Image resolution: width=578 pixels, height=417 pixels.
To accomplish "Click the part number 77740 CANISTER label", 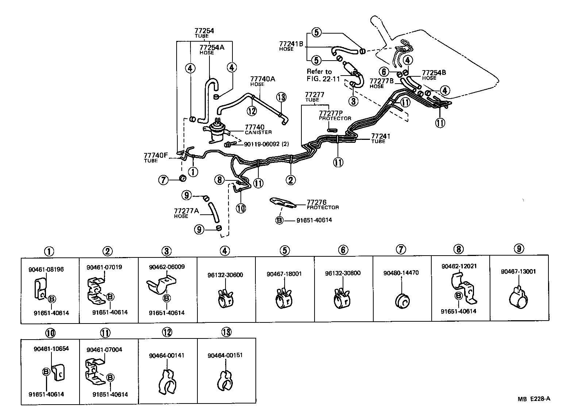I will (258, 129).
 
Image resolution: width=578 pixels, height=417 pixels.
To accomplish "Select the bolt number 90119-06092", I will (262, 144).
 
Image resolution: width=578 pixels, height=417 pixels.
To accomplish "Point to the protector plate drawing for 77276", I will (283, 203).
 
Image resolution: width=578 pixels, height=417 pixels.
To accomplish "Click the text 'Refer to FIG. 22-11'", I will (323, 75).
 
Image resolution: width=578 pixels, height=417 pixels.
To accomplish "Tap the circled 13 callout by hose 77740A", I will (281, 97).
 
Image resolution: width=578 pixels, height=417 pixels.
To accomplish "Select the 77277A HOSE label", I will (186, 213).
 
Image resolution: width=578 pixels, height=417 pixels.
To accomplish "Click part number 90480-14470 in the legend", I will (401, 273).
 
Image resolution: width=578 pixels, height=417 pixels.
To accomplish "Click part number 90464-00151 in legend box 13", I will (225, 355).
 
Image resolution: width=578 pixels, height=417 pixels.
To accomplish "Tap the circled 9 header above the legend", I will (519, 249).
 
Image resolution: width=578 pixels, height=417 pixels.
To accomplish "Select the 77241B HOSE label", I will (291, 46).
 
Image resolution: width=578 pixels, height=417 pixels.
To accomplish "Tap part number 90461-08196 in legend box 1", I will (46, 269).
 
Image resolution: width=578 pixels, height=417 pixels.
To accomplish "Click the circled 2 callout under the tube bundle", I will (291, 180).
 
